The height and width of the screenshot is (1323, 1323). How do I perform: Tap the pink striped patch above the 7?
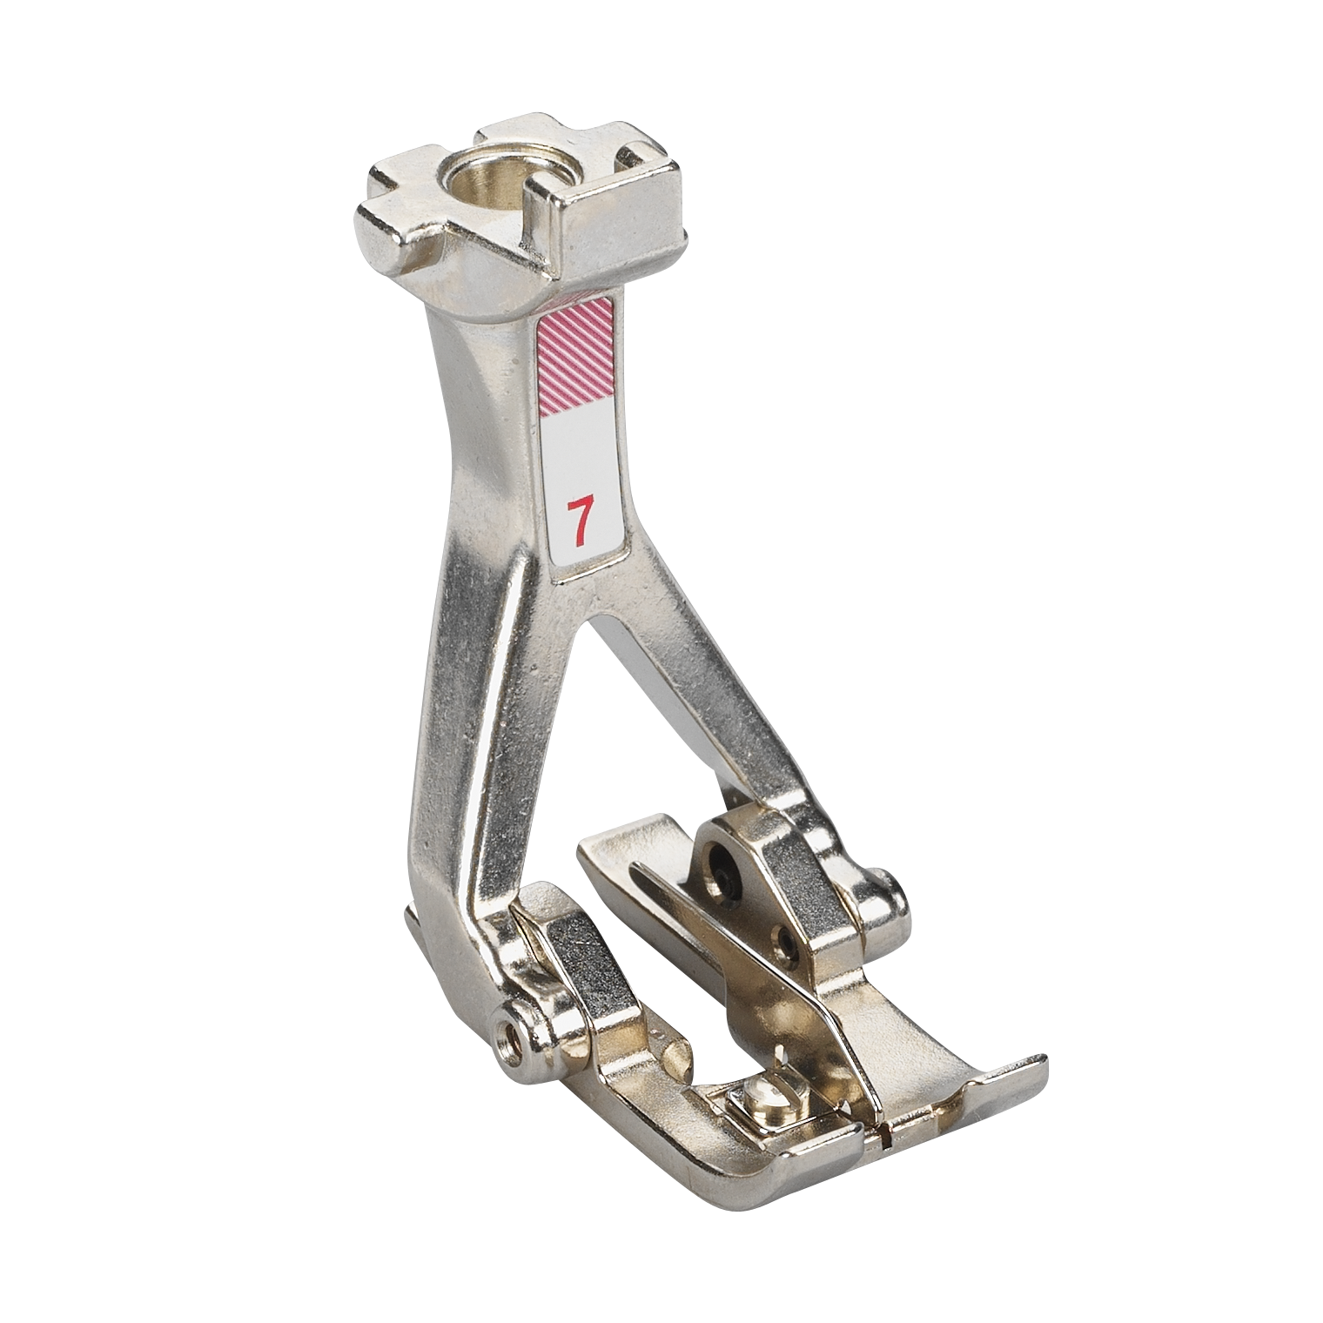(x=574, y=350)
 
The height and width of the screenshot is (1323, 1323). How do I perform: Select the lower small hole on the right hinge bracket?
(x=787, y=939)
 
